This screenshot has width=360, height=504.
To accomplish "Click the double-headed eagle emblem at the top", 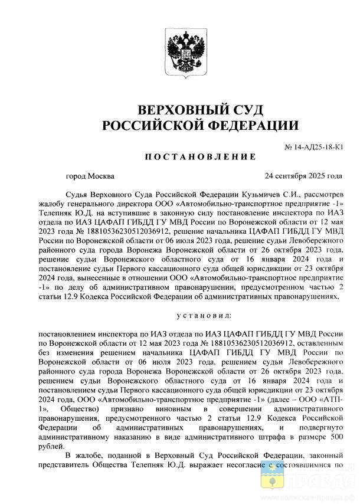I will tap(179, 54).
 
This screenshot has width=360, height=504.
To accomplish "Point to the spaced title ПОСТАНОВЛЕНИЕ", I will tap(200, 157).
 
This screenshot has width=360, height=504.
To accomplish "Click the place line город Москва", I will tap(90, 176).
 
